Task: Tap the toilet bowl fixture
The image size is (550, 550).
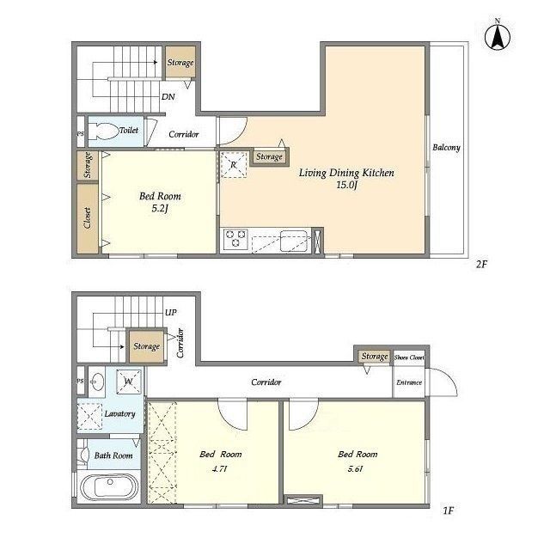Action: (x=103, y=131)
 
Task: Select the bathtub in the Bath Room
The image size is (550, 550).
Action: (x=109, y=487)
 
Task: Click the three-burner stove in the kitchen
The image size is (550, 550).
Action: (x=235, y=239)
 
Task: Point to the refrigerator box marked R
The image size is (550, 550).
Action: (x=234, y=164)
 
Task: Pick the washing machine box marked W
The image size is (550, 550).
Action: (x=129, y=382)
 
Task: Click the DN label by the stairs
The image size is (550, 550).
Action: (x=168, y=96)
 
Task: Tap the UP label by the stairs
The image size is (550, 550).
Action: (x=171, y=312)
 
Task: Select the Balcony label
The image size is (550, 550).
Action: (x=446, y=147)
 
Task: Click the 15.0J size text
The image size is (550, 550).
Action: (x=346, y=185)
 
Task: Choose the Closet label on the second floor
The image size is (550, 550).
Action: (x=88, y=217)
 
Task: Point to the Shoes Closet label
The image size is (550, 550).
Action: (x=409, y=357)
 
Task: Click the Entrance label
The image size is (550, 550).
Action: (x=409, y=382)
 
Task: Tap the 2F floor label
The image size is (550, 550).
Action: (x=481, y=264)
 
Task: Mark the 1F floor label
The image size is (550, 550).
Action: (x=449, y=510)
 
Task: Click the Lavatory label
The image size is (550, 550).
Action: (x=120, y=413)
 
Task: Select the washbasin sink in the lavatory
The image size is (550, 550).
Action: (x=97, y=382)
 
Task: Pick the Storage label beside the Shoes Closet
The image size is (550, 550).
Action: (x=375, y=357)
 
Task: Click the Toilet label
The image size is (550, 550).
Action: (x=129, y=130)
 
